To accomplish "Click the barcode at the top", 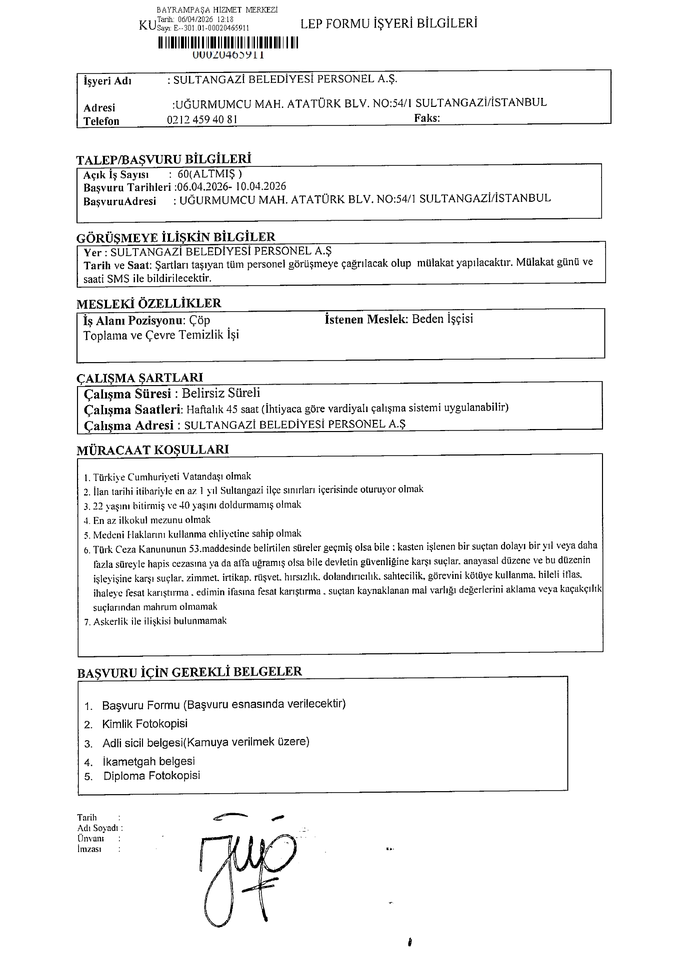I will coord(228,43).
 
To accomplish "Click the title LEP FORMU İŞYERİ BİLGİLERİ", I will coord(389,23).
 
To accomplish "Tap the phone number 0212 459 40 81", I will coord(202,119).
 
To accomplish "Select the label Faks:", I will coord(426,118).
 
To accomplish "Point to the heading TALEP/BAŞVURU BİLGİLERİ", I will coord(163,159).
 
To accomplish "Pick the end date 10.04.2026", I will coord(261,186).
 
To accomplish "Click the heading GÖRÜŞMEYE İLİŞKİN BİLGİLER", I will coord(175,237).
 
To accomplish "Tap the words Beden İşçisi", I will coord(442,319).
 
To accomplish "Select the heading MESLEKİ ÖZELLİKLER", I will coord(148,303).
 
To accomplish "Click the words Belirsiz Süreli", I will coord(220,393).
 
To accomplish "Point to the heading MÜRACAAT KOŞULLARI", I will coord(152,450).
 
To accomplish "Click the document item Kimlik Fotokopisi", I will coord(144,724).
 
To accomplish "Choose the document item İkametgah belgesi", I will coord(148,761).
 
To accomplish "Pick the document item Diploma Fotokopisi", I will coord(151,776).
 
